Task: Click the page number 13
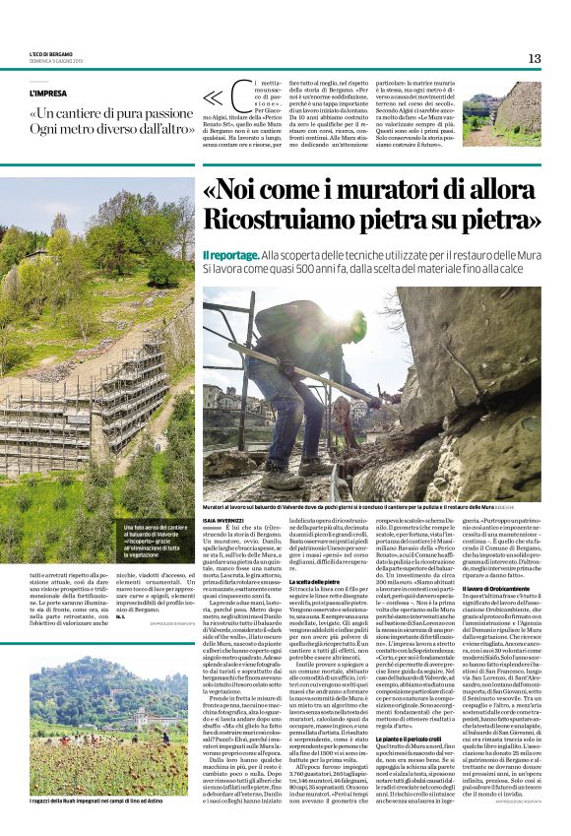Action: (535, 59)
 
